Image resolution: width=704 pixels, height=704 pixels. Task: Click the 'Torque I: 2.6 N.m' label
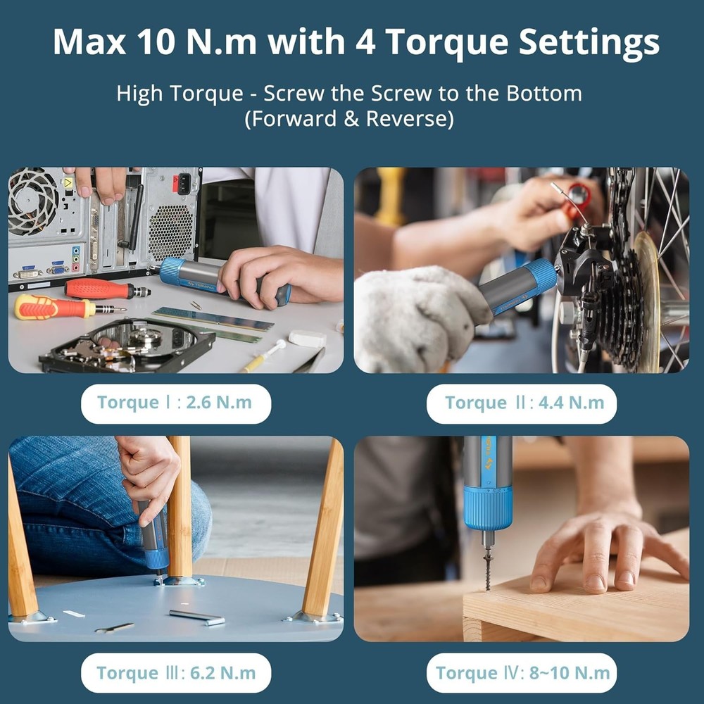(x=175, y=403)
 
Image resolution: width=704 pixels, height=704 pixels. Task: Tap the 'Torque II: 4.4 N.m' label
(x=522, y=403)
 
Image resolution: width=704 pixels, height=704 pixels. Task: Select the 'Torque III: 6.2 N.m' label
(x=175, y=673)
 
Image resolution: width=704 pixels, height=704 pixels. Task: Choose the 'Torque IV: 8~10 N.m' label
(x=522, y=673)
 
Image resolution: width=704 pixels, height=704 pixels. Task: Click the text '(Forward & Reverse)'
(x=349, y=118)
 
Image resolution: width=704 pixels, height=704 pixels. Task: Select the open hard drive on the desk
(x=127, y=345)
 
